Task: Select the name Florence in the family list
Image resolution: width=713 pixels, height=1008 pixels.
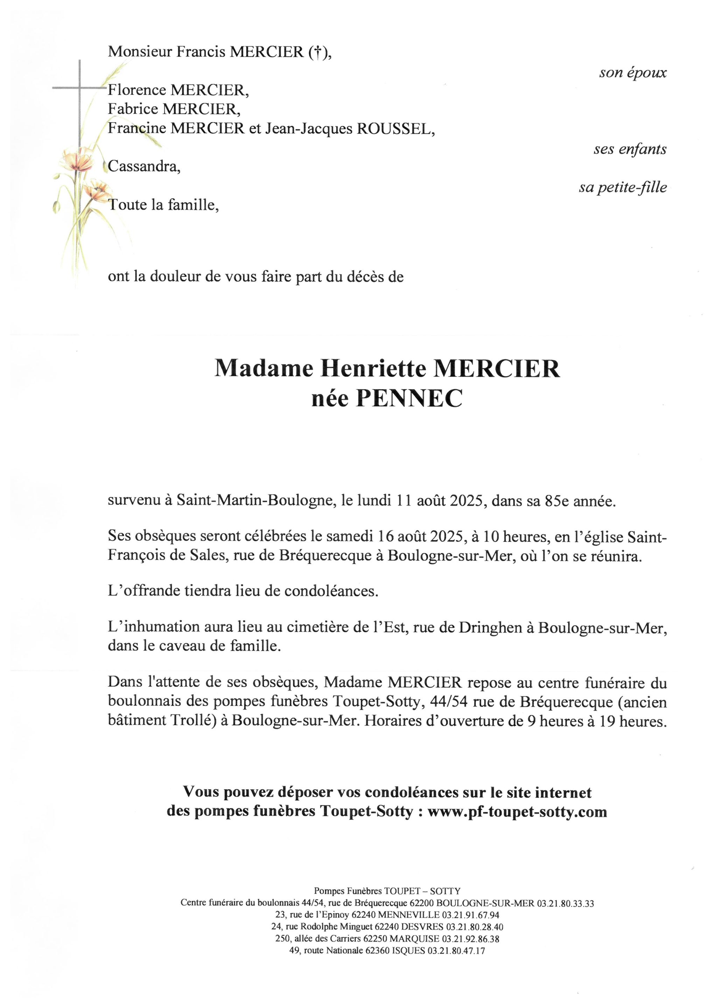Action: (137, 90)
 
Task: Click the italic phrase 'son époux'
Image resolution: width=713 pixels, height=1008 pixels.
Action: (632, 73)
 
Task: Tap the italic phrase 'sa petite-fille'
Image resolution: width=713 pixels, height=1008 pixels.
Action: (623, 188)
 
